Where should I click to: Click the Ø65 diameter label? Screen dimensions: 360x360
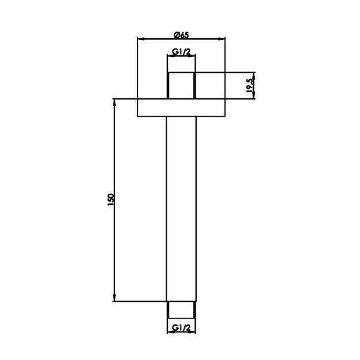pyautogui.click(x=181, y=35)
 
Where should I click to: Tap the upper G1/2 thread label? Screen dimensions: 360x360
pyautogui.click(x=181, y=52)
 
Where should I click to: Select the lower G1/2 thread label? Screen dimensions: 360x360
pyautogui.click(x=181, y=328)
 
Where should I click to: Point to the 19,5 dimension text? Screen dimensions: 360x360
pyautogui.click(x=250, y=85)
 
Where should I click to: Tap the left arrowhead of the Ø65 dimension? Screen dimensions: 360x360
pyautogui.click(x=141, y=39)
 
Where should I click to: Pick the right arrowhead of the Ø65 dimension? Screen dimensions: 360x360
pyautogui.click(x=221, y=39)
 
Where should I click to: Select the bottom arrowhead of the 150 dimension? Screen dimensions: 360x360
pyautogui.click(x=114, y=297)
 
